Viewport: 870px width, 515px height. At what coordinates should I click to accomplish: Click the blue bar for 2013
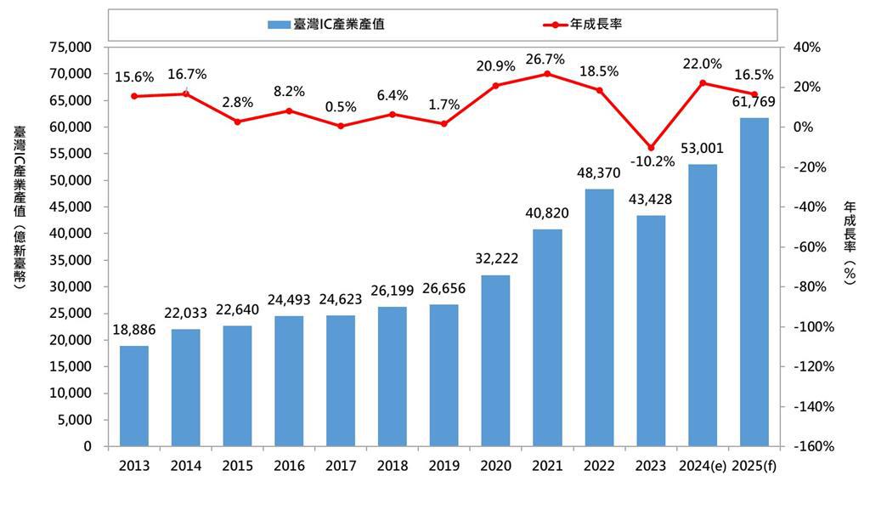pyautogui.click(x=134, y=396)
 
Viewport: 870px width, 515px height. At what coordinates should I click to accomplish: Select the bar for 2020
pyautogui.click(x=496, y=361)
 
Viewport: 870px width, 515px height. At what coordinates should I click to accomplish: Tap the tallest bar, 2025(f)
pyautogui.click(x=754, y=282)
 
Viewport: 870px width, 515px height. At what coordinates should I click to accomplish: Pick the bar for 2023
pyautogui.click(x=651, y=331)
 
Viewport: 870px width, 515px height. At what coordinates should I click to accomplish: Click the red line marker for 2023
pyautogui.click(x=651, y=148)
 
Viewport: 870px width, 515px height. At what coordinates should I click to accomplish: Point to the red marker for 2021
pyautogui.click(x=547, y=74)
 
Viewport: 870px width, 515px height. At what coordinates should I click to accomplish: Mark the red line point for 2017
pyautogui.click(x=341, y=126)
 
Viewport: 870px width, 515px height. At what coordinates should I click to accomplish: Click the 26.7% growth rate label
pyautogui.click(x=547, y=57)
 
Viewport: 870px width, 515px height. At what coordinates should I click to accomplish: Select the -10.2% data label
pyautogui.click(x=652, y=161)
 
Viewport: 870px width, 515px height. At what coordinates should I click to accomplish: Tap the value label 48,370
pyautogui.click(x=599, y=173)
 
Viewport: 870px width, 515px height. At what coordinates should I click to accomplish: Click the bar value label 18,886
pyautogui.click(x=134, y=330)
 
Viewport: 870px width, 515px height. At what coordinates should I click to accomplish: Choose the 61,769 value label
pyautogui.click(x=754, y=103)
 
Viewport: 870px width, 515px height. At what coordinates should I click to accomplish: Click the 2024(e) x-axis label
pyautogui.click(x=702, y=466)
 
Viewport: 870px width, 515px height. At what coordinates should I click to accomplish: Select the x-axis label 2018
pyautogui.click(x=393, y=466)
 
